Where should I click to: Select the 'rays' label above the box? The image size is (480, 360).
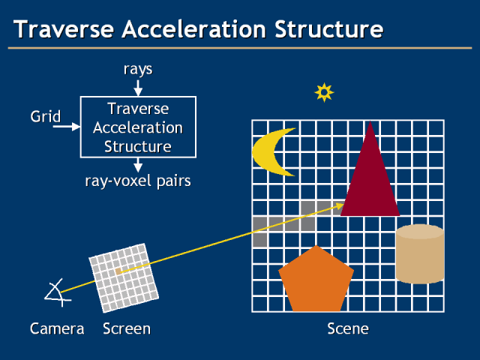137,69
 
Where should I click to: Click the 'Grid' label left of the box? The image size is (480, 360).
45,117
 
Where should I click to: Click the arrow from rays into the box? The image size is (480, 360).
137,88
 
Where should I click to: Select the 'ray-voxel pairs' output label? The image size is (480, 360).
137,181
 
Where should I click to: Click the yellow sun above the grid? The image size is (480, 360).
324,92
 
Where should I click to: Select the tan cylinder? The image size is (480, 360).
419,253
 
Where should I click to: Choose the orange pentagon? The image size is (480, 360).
316,281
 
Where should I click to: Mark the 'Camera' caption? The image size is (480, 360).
57,328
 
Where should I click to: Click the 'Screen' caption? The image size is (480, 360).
127,328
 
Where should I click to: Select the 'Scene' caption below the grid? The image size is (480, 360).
348,328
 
